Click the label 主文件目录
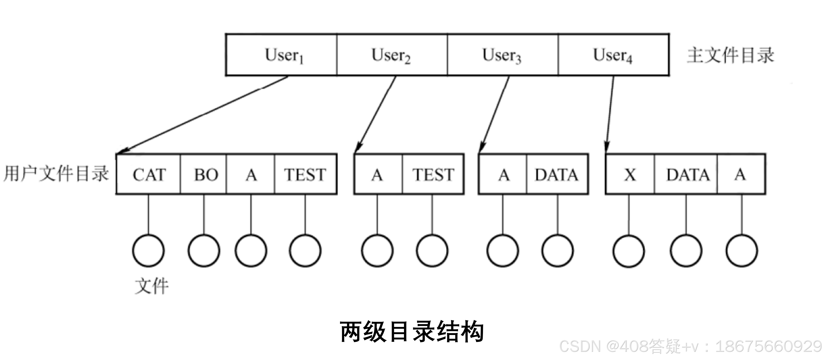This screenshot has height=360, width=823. [x=730, y=55]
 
